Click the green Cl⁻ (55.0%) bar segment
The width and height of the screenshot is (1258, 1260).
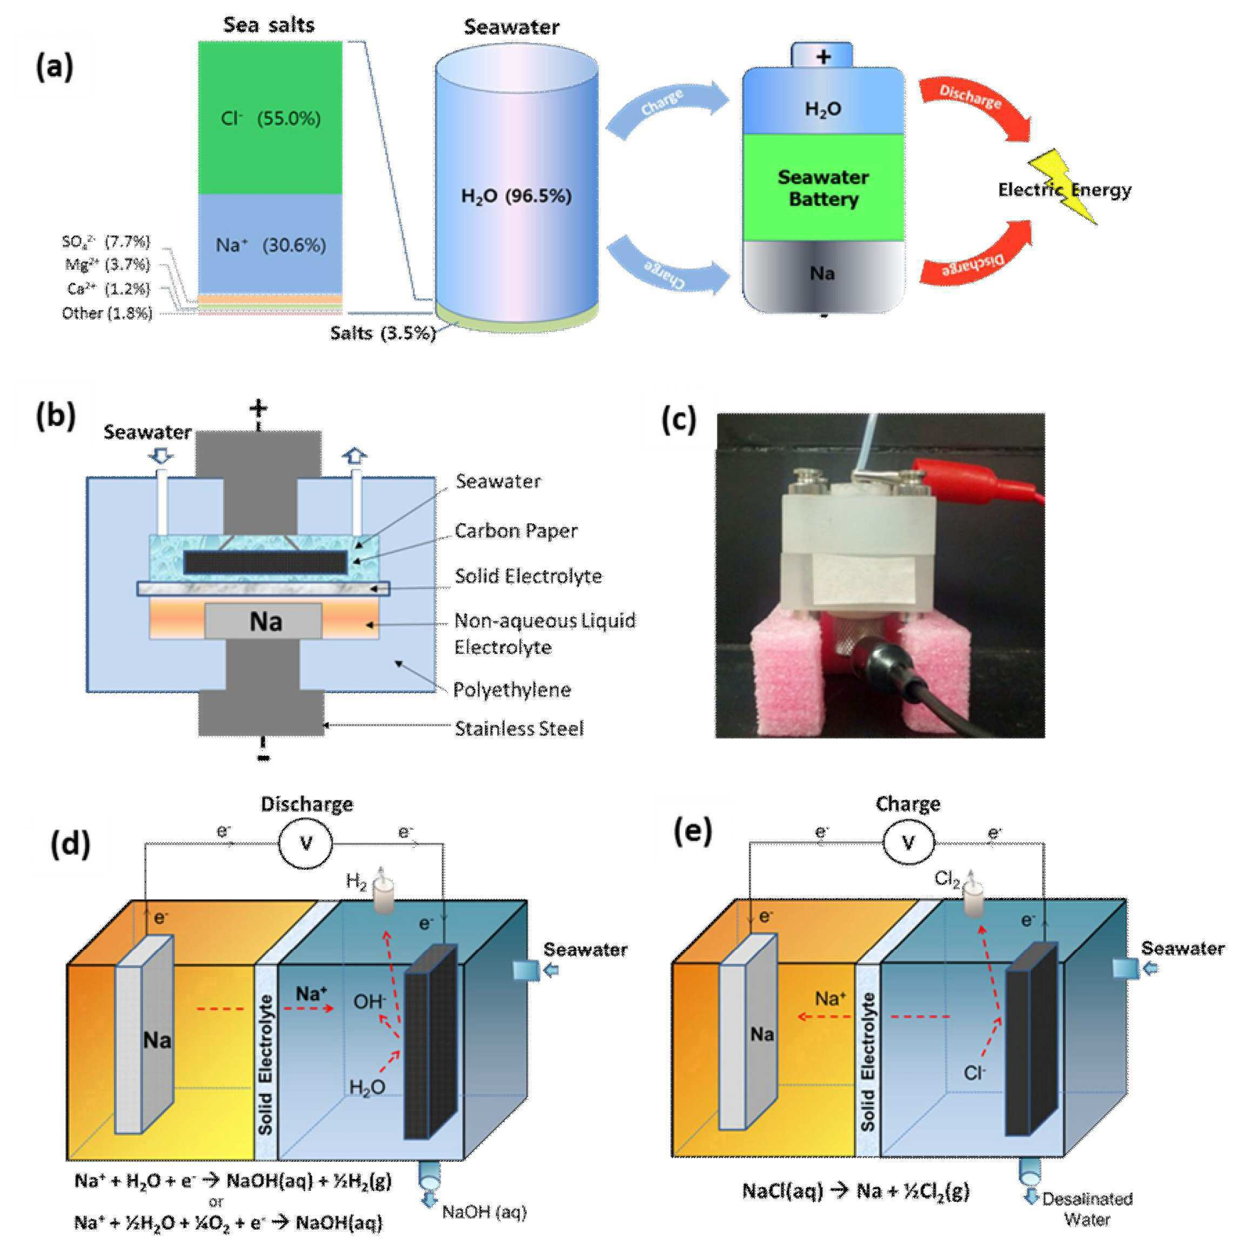(x=270, y=118)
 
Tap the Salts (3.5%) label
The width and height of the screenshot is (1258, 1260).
(x=382, y=333)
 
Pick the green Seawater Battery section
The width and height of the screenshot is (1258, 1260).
(x=823, y=188)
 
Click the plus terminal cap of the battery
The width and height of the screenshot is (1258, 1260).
(x=822, y=56)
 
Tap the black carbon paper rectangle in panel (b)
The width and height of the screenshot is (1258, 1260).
(x=265, y=562)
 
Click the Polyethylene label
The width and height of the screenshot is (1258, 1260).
(x=512, y=689)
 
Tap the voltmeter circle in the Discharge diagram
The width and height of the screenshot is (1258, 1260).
(x=305, y=843)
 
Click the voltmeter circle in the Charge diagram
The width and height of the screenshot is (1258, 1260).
(x=908, y=842)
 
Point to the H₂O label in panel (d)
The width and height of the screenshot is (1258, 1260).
(x=367, y=1087)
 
